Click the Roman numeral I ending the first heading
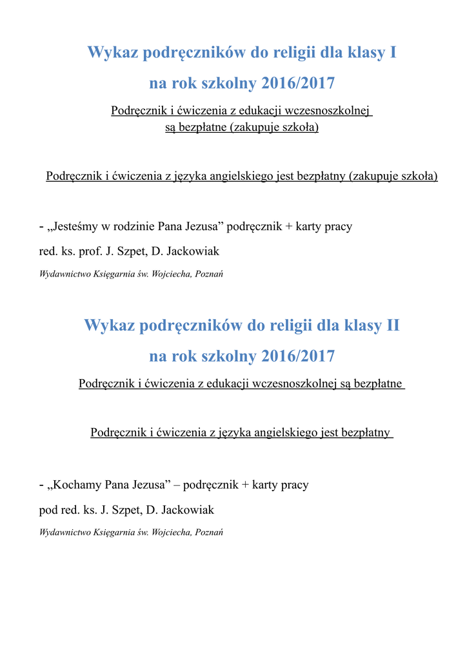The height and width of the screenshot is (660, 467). pyautogui.click(x=392, y=52)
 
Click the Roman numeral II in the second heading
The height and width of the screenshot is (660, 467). pyautogui.click(x=392, y=325)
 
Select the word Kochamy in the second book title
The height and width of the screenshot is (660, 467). pyautogui.click(x=76, y=485)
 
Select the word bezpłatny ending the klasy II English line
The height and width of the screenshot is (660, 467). pyautogui.click(x=364, y=432)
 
